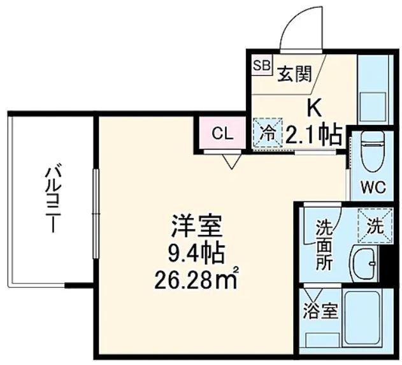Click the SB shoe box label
click(261, 65)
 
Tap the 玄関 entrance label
click(294, 76)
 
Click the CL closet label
click(221, 133)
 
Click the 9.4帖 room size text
click(196, 253)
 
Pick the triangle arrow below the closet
click(230, 162)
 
